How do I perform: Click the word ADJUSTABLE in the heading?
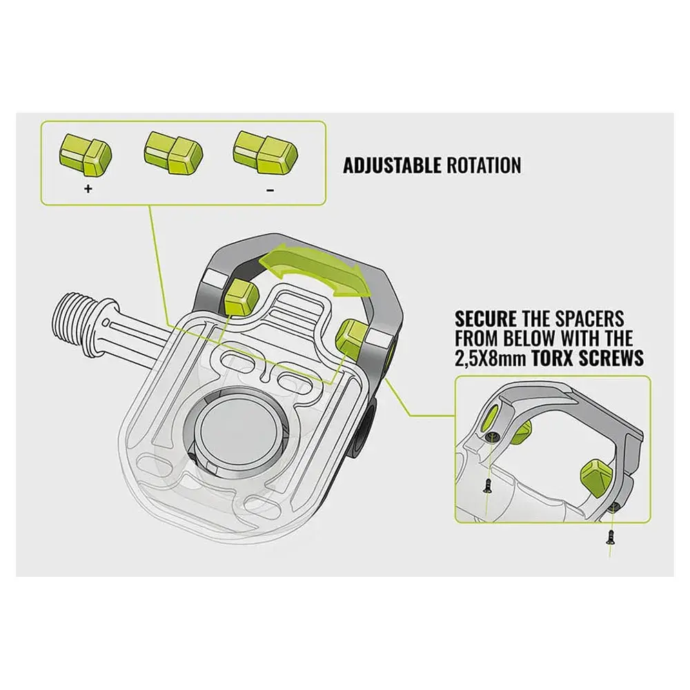[x=392, y=166]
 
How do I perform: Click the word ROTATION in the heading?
[x=484, y=166]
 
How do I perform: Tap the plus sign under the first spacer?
[x=88, y=189]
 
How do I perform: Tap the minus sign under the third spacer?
[x=270, y=190]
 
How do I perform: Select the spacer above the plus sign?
[x=85, y=154]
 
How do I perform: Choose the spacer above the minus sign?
[x=266, y=151]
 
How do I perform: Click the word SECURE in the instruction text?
[x=485, y=319]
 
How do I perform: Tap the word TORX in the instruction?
[x=552, y=358]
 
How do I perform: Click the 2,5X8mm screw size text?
[x=491, y=358]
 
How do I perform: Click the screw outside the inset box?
[x=609, y=536]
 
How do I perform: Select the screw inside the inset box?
[x=488, y=485]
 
